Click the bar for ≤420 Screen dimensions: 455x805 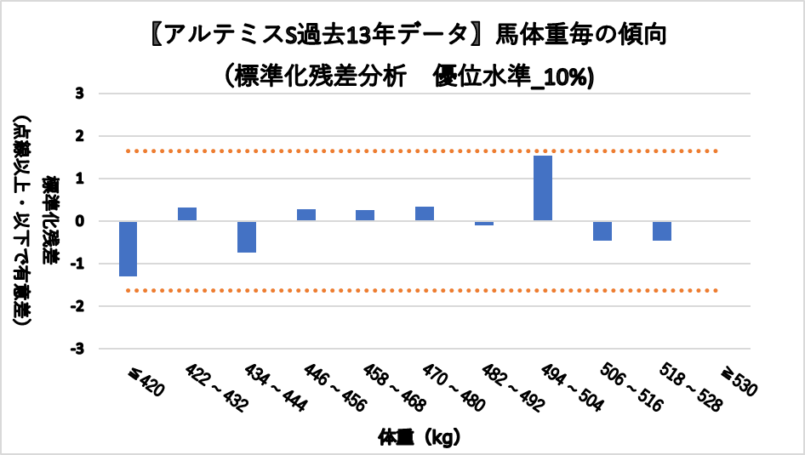coord(128,248)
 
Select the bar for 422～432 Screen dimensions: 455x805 coord(187,214)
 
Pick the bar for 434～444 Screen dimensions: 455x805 coord(247,236)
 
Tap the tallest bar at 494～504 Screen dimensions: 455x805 coord(543,188)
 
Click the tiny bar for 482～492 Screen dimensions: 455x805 coord(484,223)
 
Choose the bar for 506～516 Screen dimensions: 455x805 coord(602,230)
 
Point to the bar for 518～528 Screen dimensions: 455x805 coord(662,230)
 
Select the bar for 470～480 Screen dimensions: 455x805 coord(425,213)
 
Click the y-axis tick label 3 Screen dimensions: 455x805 coord(79,93)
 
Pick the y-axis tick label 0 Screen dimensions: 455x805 coord(79,221)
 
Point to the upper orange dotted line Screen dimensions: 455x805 coord(425,151)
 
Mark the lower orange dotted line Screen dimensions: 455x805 coord(425,291)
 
